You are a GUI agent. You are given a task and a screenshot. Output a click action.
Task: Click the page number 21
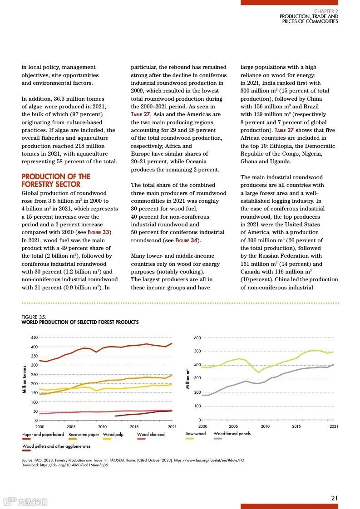[x=334, y=498]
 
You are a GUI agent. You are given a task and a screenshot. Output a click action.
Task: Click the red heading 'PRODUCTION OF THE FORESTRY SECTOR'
[x=56, y=180]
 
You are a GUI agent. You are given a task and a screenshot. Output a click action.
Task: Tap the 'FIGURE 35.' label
[x=34, y=317]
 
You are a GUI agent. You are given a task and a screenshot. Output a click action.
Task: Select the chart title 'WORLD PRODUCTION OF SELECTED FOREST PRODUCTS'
[x=80, y=322]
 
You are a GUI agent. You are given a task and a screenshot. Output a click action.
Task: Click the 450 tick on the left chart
[x=35, y=338]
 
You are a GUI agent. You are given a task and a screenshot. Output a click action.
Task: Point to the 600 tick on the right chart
[x=197, y=338]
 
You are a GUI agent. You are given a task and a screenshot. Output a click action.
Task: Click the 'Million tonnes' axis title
[x=24, y=379]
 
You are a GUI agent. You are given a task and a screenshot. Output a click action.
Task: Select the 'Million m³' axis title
[x=187, y=379]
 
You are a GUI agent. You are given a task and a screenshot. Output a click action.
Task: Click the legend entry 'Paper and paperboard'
[x=43, y=435]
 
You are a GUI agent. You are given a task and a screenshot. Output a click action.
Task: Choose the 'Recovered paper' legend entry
[x=84, y=435]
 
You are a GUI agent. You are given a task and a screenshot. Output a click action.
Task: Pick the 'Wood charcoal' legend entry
[x=151, y=435]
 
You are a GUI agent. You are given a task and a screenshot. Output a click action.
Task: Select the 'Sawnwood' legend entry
[x=195, y=434]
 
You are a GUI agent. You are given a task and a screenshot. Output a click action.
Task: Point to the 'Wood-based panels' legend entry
[x=232, y=434]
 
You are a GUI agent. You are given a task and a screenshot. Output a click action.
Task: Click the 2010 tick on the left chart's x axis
[x=102, y=426]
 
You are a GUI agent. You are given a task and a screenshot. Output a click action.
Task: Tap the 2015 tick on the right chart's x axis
[x=296, y=426]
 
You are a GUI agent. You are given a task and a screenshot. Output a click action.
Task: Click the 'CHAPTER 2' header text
[x=326, y=11]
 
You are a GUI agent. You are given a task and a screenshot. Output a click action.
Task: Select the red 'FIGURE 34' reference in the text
[x=186, y=240]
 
